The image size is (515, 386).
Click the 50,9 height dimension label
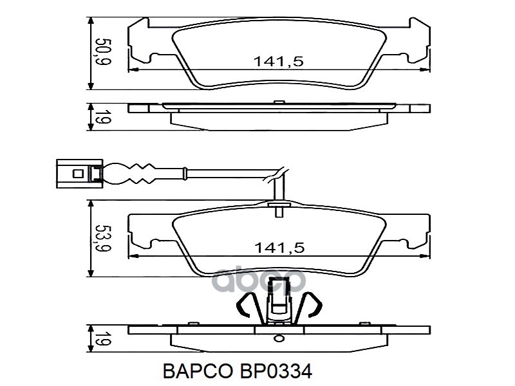100,53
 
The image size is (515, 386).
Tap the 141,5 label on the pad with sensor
278,247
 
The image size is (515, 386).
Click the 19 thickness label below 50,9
100,118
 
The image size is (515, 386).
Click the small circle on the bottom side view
278,336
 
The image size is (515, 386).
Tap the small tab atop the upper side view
278,102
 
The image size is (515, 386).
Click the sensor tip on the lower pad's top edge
278,208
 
